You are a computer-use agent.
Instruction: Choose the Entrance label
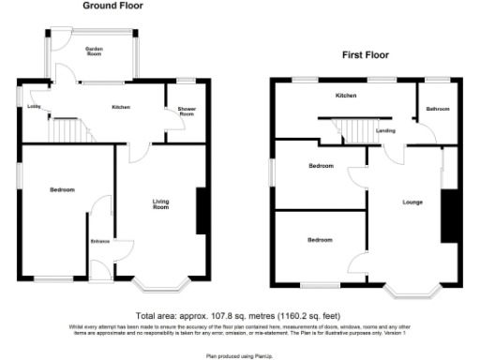[99, 243]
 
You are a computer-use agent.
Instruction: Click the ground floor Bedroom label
[62, 190]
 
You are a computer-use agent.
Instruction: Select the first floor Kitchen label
[346, 96]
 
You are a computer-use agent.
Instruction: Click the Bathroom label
[438, 110]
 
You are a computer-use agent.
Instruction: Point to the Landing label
[385, 130]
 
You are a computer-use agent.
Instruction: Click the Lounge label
[412, 202]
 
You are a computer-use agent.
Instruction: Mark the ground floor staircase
[67, 127]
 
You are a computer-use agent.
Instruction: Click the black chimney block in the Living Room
[202, 212]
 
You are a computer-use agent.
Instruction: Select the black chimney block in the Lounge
[447, 217]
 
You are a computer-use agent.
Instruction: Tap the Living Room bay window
[164, 282]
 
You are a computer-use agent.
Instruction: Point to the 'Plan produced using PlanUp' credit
[239, 355]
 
